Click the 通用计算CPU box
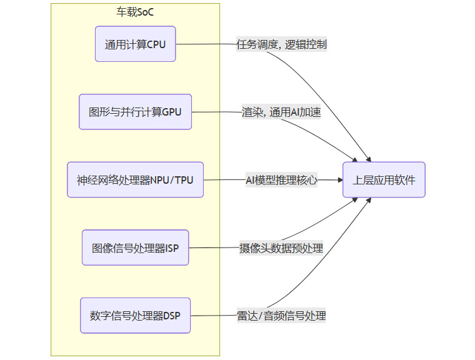click(135, 44)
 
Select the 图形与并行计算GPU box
click(135, 112)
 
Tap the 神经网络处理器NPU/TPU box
click(135, 180)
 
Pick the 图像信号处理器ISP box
click(135, 247)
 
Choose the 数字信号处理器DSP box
click(135, 316)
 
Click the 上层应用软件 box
click(384, 180)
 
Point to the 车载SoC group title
click(135, 11)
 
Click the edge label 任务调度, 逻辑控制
click(281, 44)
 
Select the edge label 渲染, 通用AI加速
click(281, 112)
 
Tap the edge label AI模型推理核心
click(281, 180)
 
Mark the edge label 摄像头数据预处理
click(281, 248)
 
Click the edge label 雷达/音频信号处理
click(281, 316)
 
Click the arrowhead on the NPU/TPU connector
click(340, 180)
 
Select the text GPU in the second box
click(171, 112)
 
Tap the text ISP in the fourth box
click(172, 247)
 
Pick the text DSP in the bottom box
click(171, 316)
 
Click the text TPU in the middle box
click(184, 180)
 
